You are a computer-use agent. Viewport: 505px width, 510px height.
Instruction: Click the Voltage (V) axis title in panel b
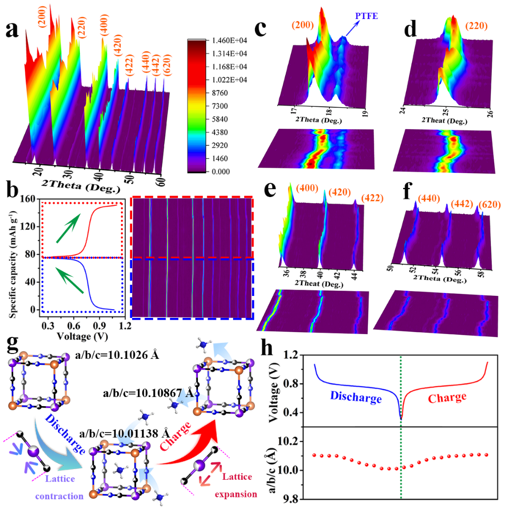(81, 336)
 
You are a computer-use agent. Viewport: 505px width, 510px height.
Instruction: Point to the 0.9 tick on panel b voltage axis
(99, 324)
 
